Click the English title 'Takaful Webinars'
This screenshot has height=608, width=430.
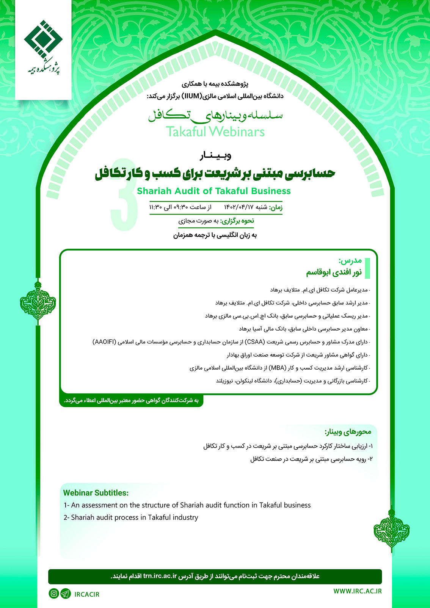[215, 132]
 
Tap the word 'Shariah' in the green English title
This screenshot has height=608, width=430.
[154, 191]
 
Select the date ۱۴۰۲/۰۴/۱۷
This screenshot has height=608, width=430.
[239, 207]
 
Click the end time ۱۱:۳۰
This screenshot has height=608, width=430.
[156, 207]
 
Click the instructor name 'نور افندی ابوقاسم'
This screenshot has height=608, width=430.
[334, 273]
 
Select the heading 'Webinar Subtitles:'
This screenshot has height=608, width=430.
[96, 493]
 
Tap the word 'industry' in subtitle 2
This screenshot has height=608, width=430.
[185, 517]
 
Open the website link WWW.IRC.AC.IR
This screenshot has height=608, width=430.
[357, 591]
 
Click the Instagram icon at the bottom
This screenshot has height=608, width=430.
[54, 594]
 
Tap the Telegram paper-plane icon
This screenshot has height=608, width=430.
[66, 594]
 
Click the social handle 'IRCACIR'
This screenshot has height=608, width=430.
[87, 594]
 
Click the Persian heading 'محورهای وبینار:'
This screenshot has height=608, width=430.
[348, 432]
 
